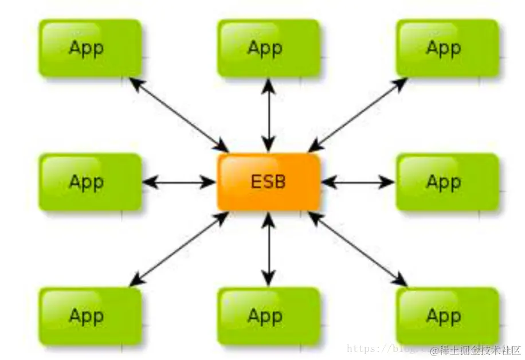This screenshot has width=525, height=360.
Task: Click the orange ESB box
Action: click(x=268, y=182)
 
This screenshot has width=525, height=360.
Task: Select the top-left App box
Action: click(x=89, y=48)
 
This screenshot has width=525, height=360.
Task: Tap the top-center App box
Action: click(x=268, y=48)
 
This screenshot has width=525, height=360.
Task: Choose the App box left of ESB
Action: click(x=89, y=182)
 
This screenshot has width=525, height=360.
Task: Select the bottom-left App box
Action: click(x=89, y=316)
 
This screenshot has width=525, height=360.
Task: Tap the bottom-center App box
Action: click(x=268, y=316)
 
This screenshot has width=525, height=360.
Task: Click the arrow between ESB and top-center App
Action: click(x=268, y=115)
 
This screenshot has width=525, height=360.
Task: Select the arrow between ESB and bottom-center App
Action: click(x=268, y=249)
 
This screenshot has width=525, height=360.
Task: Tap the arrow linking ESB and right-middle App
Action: click(x=358, y=182)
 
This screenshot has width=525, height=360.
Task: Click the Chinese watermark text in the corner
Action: click(x=476, y=350)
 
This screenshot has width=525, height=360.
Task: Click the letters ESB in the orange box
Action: click(x=268, y=182)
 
